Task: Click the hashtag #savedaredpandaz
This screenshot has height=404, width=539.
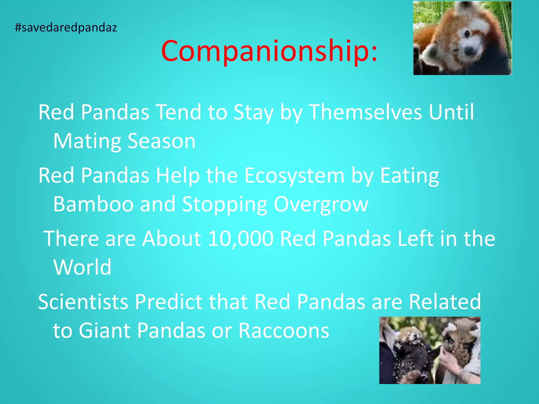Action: coord(66,28)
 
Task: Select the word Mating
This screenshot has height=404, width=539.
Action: coord(87,142)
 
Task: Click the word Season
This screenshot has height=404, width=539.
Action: coord(161,142)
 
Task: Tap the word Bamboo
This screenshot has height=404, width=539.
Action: coord(93,204)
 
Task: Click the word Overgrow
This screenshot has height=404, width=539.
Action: coord(321,205)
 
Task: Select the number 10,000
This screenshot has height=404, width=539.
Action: coord(241,239)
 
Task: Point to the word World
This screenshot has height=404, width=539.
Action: coord(82,267)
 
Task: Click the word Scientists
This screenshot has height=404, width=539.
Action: coord(83,302)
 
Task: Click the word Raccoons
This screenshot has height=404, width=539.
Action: coord(283,330)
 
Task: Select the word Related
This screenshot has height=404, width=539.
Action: coord(445,302)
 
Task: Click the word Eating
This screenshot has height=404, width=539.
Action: coord(410,176)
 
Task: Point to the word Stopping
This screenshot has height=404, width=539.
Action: coord(224,205)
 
